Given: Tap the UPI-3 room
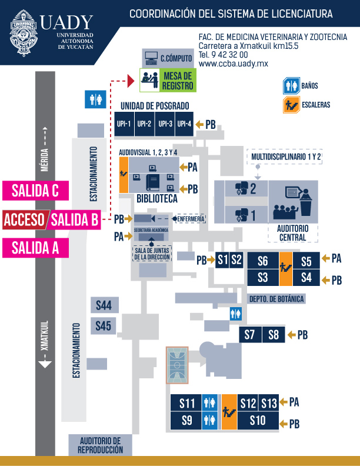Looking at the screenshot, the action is pos(165,124).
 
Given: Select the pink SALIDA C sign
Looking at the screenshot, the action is pos(36,191).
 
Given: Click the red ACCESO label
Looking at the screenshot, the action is pos(24,220).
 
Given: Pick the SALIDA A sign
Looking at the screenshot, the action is pos(36,248).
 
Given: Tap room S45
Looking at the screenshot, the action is pos(103,326).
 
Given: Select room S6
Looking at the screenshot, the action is pos(263,261).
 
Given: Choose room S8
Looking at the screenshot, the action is pos(274,335).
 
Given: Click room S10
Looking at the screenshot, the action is pos(258,421).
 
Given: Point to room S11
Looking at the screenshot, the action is pos(186,403).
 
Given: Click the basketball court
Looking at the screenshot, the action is pos(177,365).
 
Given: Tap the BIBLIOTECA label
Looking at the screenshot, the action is pos(157,198).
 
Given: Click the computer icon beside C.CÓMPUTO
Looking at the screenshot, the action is pos(151,58).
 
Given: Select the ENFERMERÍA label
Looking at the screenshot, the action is pos(191,219).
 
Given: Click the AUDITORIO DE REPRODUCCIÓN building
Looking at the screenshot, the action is pos(101,445).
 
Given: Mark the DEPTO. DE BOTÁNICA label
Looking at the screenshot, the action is pos(276,299).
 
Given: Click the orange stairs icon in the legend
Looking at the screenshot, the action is pos(291,105).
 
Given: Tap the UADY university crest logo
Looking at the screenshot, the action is pos(23,33).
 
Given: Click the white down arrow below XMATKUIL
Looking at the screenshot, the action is pos(45,364).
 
